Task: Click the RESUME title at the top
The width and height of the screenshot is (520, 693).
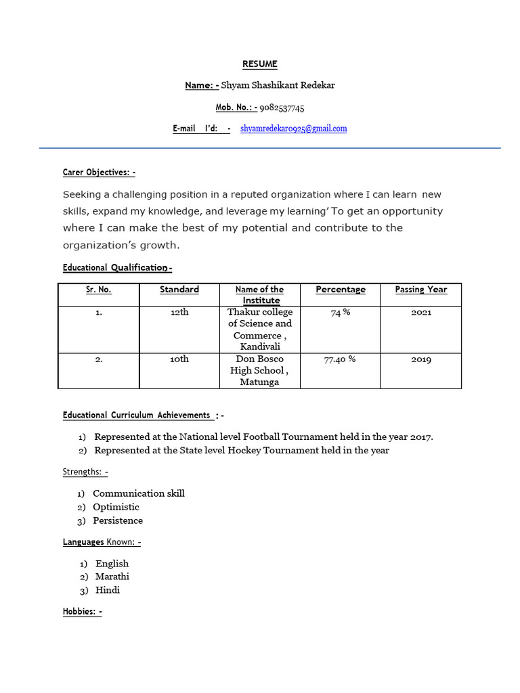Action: (x=260, y=64)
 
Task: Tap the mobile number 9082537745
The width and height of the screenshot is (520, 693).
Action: (x=282, y=107)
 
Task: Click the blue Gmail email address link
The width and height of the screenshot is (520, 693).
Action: (x=293, y=129)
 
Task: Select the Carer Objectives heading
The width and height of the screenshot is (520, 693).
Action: (x=99, y=173)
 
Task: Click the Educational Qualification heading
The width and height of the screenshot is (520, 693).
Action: (x=117, y=268)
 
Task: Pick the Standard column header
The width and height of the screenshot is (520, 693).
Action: (x=179, y=290)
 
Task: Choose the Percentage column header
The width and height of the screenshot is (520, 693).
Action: (x=340, y=290)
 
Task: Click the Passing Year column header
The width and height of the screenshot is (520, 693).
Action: (x=420, y=290)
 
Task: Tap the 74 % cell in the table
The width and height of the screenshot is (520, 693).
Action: (x=340, y=312)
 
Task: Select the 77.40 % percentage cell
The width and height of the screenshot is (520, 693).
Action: (x=340, y=359)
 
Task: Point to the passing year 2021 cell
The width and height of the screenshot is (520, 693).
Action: (x=420, y=313)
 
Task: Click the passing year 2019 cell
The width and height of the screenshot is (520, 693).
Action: (x=420, y=359)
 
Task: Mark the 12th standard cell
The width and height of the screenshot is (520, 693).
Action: (x=179, y=313)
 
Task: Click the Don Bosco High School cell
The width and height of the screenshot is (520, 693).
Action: (x=260, y=370)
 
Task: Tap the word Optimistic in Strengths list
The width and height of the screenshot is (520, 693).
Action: (x=116, y=507)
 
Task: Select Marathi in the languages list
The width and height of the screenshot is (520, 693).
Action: (x=112, y=577)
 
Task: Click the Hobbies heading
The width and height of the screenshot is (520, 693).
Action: (x=82, y=612)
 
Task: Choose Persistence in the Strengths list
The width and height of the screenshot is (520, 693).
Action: (x=118, y=520)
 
